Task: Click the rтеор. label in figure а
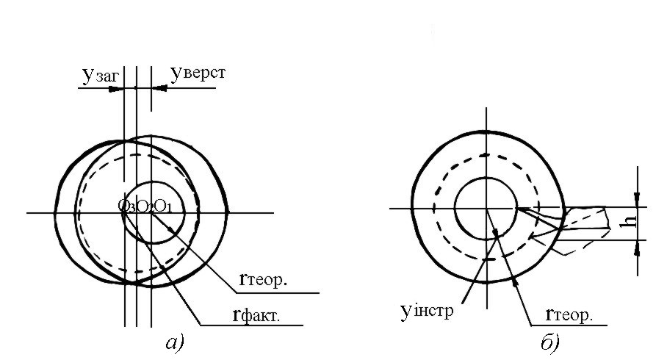pyautogui.click(x=263, y=280)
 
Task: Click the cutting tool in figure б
pyautogui.click(x=588, y=220)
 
